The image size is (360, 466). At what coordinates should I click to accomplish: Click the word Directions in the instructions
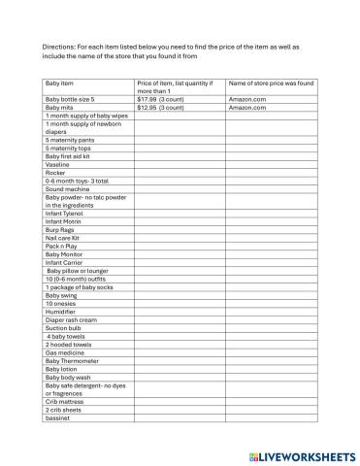click(58, 46)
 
